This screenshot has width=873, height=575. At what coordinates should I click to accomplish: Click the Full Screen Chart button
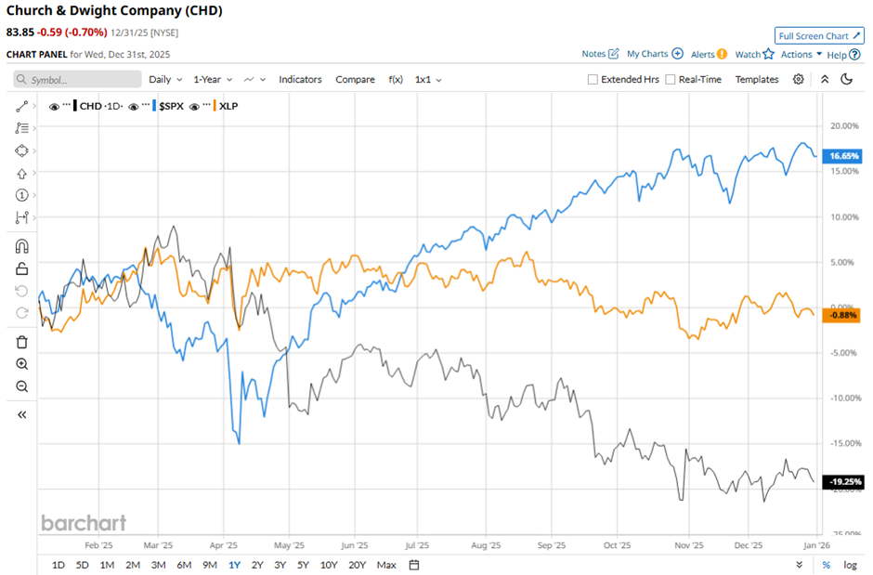[x=818, y=36]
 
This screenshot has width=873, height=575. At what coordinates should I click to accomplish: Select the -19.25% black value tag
[x=844, y=482]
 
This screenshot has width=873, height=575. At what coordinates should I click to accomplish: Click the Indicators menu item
[x=300, y=80]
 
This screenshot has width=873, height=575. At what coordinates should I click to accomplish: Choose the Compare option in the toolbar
[x=355, y=80]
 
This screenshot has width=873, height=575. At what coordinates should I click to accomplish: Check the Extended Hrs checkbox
[x=593, y=80]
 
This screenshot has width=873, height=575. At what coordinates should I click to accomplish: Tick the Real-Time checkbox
[x=671, y=80]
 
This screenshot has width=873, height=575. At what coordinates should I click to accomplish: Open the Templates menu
[x=757, y=80]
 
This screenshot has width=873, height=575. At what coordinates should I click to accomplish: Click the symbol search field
[x=79, y=80]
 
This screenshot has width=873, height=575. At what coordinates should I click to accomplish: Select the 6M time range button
[x=184, y=565]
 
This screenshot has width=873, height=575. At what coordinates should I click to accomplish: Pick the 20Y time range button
[x=358, y=565]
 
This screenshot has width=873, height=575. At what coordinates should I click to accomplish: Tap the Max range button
[x=386, y=565]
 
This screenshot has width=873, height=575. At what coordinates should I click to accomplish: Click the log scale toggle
[x=850, y=565]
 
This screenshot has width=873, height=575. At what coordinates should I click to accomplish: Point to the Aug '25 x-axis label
[x=486, y=546]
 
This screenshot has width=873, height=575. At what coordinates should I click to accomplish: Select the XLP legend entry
[x=228, y=106]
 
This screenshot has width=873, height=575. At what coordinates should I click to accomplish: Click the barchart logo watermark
[x=83, y=523]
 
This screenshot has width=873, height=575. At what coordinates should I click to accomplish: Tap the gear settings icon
[x=799, y=80]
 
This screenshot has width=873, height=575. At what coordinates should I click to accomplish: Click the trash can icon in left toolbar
[x=22, y=342]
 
